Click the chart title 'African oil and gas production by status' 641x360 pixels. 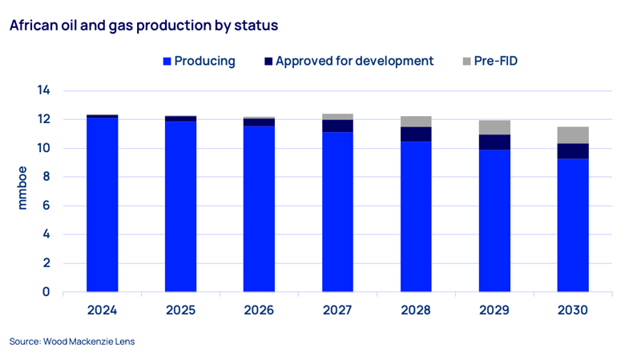(x=143, y=26)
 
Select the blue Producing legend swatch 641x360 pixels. (x=167, y=62)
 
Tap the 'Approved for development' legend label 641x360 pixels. (x=354, y=62)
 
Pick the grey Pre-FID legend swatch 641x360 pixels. (x=468, y=62)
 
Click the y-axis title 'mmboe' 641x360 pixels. (x=22, y=191)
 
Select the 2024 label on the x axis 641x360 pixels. (x=103, y=310)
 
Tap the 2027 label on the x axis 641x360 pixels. (x=337, y=310)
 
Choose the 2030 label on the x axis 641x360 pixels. (x=573, y=310)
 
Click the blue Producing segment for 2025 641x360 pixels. (x=181, y=206)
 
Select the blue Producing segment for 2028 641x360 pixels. (x=416, y=217)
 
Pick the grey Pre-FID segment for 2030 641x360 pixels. (x=573, y=135)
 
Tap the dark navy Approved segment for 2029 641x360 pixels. (x=494, y=142)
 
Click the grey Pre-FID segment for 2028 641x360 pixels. (x=416, y=122)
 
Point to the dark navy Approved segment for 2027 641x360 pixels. (x=337, y=126)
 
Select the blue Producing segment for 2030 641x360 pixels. (x=573, y=225)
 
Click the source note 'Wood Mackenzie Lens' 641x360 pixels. (x=72, y=342)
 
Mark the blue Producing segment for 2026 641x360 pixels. (x=259, y=209)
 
